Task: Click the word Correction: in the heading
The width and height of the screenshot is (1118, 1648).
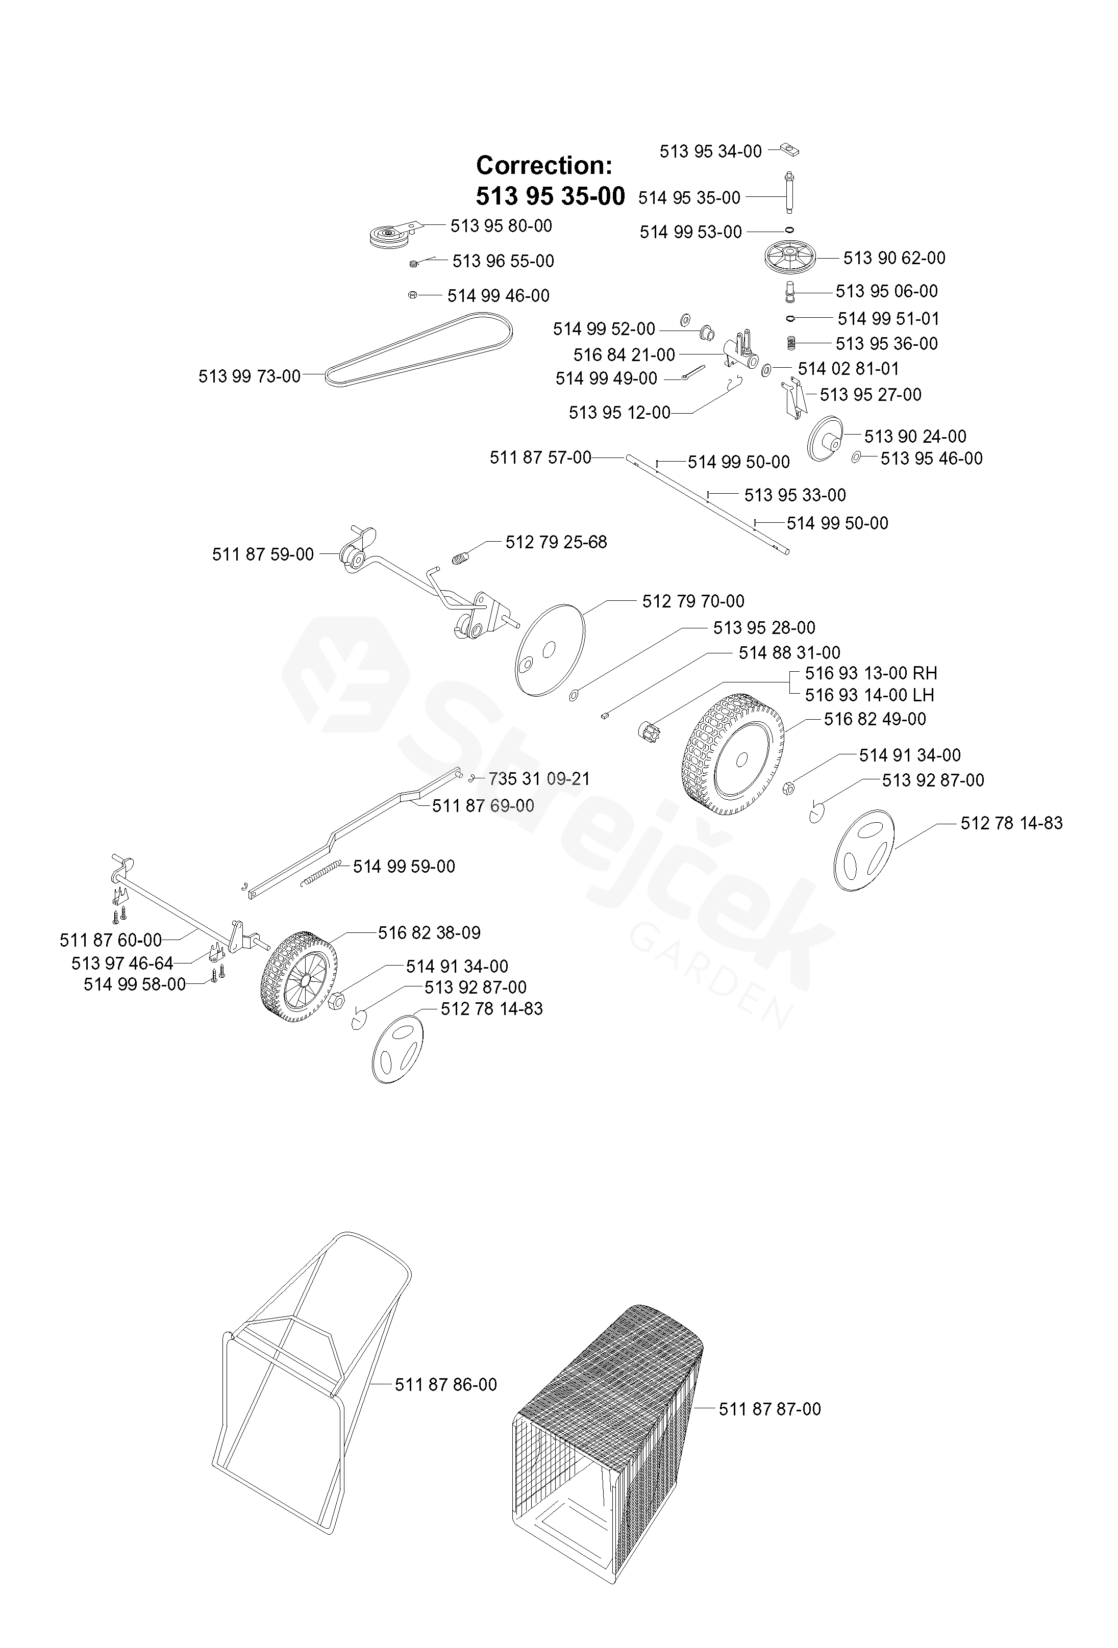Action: pyautogui.click(x=543, y=165)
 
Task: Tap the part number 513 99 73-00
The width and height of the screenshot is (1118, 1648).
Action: pyautogui.click(x=249, y=376)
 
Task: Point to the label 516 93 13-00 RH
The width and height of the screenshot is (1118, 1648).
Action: pyautogui.click(x=871, y=673)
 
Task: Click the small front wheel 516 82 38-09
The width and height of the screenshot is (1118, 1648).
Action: pyautogui.click(x=300, y=976)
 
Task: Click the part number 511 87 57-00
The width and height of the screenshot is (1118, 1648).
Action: pyautogui.click(x=540, y=458)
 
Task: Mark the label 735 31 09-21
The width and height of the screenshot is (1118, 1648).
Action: pyautogui.click(x=539, y=779)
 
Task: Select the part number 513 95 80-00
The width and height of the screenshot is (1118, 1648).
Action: pyautogui.click(x=501, y=226)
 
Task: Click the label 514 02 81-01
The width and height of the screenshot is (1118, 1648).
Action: pyautogui.click(x=848, y=369)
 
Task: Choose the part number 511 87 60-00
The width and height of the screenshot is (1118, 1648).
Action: pyautogui.click(x=111, y=941)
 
